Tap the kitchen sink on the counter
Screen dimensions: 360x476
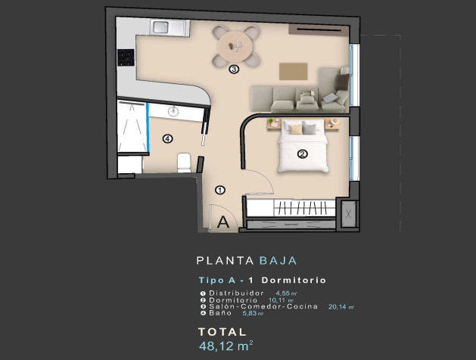[161, 27]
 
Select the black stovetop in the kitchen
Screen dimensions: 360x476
[126, 57]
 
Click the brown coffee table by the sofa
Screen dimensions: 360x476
[294, 71]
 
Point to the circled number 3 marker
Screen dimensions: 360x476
[234, 69]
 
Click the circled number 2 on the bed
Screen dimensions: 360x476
[302, 155]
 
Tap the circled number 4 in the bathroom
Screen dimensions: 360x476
[167, 138]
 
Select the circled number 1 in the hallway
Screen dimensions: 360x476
[220, 190]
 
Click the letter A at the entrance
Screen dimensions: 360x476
[224, 222]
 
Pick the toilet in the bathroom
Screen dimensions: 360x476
[183, 162]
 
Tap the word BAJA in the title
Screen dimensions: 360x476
[272, 261]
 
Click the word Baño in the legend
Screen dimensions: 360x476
[220, 314]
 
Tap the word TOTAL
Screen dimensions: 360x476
[222, 332]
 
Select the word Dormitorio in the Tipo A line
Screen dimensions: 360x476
[297, 280]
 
